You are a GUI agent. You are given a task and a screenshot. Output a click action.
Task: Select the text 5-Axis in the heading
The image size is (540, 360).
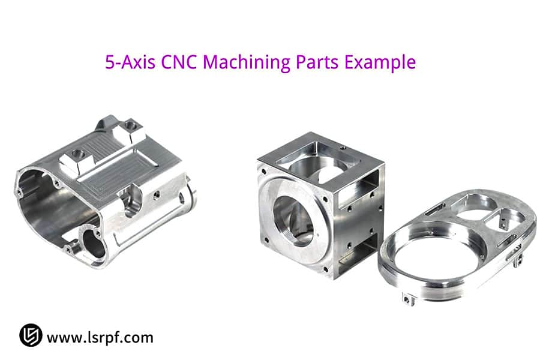(x=130, y=62)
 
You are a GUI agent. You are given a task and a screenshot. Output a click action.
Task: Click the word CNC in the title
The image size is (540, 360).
(x=179, y=62)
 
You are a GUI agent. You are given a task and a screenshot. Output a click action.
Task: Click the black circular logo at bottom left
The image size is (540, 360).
(x=31, y=335)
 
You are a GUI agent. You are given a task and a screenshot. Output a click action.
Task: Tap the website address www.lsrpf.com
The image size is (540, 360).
(x=100, y=337)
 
